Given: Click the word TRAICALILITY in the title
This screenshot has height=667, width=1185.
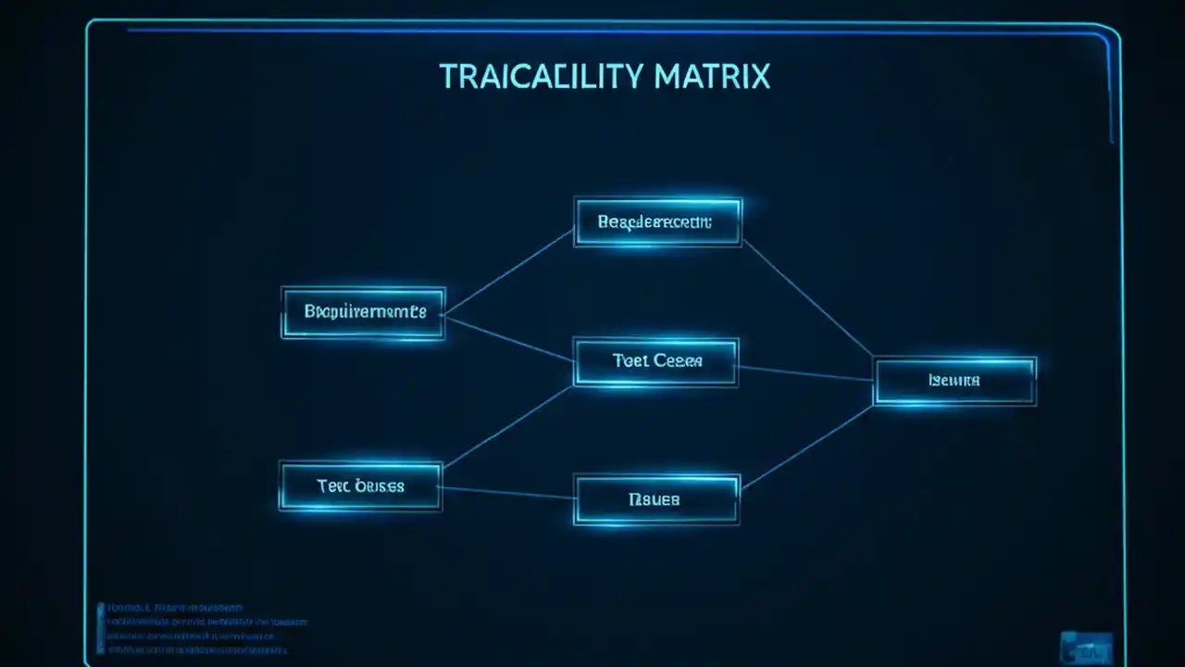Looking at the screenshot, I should coord(543,77).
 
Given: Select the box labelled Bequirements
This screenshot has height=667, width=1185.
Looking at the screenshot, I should coord(364,312).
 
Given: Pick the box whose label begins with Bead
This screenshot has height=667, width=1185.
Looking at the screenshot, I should coord(657,222).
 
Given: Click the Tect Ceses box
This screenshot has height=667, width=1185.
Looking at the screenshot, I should coord(655,361).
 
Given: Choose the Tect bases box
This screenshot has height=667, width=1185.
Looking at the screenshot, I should coord(360,486).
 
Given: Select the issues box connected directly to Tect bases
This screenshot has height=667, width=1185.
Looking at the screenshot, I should coord(655,499).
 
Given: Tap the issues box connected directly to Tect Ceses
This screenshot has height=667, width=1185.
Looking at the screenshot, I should coord(954,381).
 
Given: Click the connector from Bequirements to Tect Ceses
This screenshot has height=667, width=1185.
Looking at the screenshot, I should coord(509,339).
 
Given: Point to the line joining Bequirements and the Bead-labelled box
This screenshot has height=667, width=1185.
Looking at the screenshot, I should coord(509,273).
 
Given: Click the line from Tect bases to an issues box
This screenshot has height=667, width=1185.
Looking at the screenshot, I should coord(507,492).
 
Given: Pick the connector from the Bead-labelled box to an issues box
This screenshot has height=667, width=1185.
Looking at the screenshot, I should coord(807,298).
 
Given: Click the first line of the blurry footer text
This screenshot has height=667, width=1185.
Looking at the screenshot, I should coord(176,609).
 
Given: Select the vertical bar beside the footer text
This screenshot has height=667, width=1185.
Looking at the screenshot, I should coord(100,628).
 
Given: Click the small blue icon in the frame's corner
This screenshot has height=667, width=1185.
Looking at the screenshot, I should coord(1085,646).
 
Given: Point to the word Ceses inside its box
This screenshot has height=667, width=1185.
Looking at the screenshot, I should coord(678,361).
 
